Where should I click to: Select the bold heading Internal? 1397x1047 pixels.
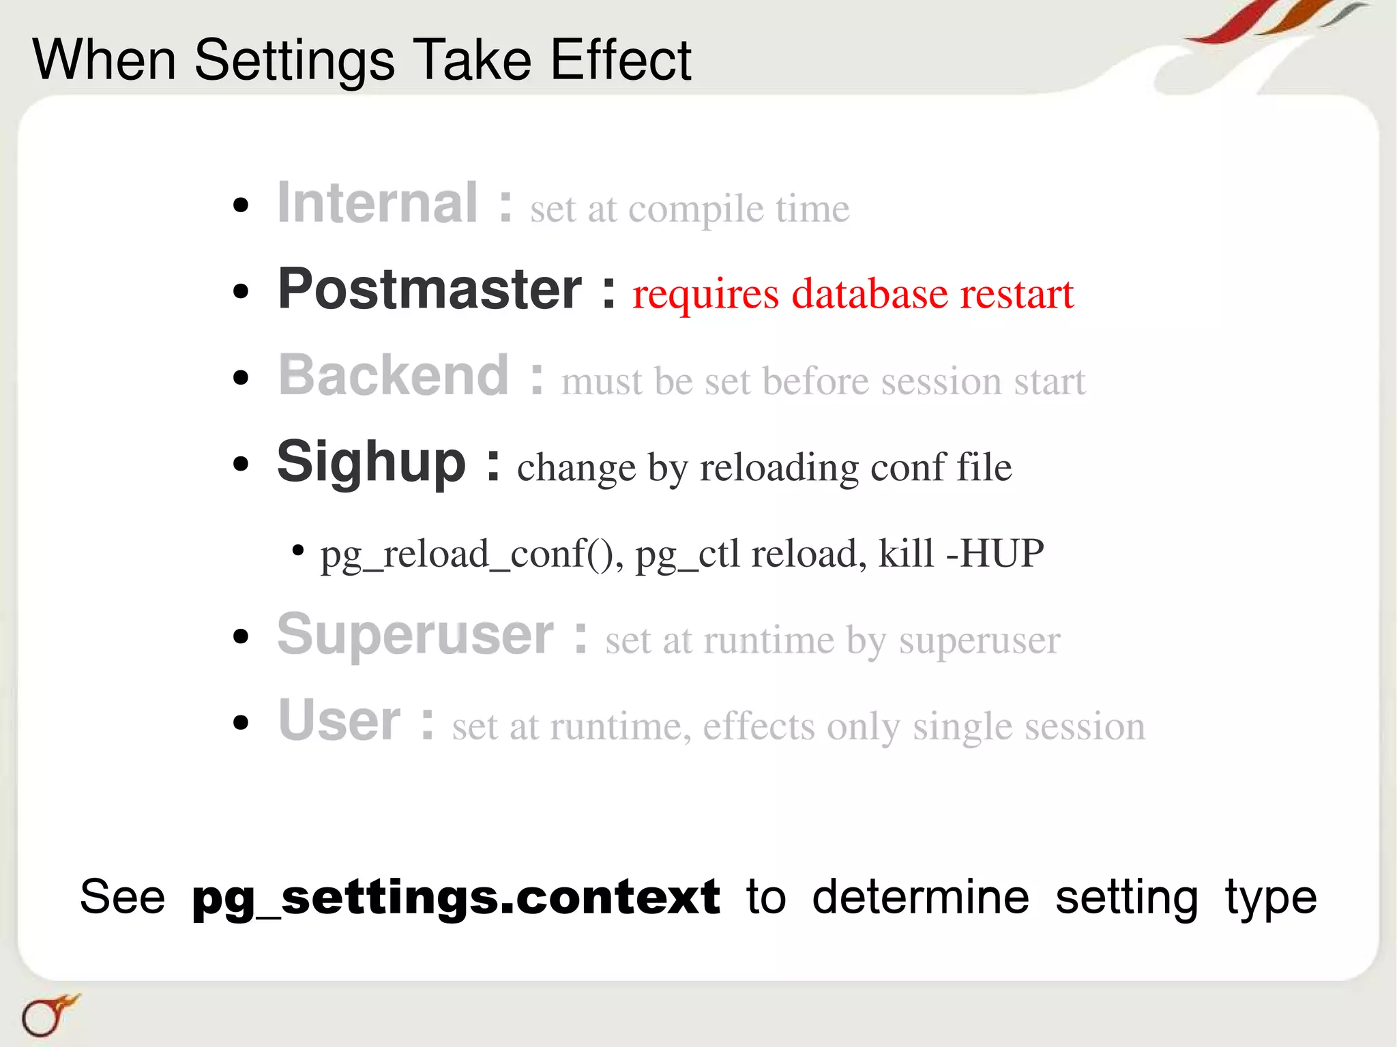(377, 203)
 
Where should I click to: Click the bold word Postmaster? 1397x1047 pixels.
(430, 289)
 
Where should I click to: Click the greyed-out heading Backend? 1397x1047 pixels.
(394, 375)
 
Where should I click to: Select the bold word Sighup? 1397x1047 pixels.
(371, 462)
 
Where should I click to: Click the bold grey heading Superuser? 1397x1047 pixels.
(415, 635)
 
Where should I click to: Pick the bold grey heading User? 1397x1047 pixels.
(339, 721)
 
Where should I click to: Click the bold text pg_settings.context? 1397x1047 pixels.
(456, 898)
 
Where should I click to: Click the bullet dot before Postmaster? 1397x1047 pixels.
(241, 292)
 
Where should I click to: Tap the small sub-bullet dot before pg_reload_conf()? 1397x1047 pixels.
(297, 550)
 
